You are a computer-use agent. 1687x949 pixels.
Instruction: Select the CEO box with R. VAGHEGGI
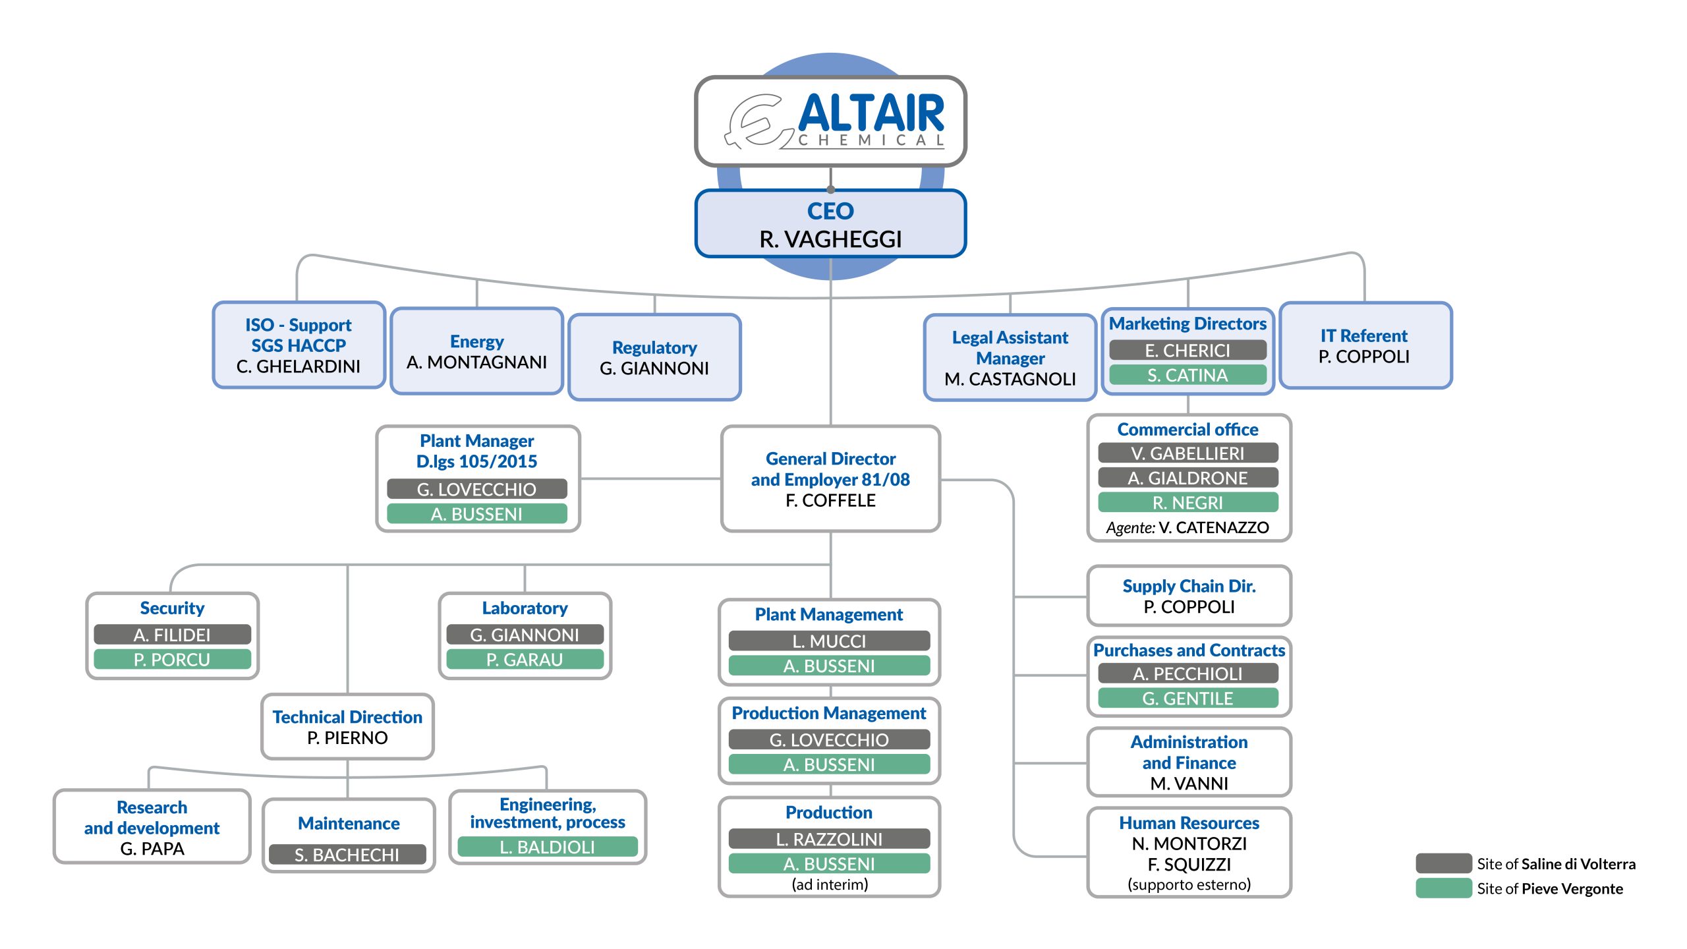[830, 224]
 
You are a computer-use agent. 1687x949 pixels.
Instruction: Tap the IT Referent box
[1365, 345]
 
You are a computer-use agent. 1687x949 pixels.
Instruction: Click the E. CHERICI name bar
[1187, 350]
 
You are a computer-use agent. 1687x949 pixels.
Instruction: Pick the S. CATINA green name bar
[1187, 375]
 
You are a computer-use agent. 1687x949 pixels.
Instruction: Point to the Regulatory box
[654, 357]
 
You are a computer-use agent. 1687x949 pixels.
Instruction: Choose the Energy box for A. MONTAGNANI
[476, 351]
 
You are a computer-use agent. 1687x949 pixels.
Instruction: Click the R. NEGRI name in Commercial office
[1187, 503]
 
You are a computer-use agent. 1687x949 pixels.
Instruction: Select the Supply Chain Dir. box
[1189, 596]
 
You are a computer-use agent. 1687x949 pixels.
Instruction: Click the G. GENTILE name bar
[1187, 699]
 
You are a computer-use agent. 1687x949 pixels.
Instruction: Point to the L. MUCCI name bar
[829, 641]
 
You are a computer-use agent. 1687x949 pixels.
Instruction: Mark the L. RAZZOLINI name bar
[829, 839]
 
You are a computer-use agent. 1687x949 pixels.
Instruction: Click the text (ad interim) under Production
[830, 884]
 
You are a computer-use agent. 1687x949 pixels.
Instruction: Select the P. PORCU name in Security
[172, 660]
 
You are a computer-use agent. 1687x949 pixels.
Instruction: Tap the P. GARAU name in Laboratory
[525, 660]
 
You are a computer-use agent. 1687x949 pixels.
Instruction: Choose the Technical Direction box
[347, 727]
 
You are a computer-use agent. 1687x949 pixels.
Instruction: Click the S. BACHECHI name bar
[347, 855]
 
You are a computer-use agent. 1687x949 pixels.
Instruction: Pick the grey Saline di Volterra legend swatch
[1443, 863]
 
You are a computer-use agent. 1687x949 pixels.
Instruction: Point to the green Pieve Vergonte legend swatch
[1443, 888]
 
